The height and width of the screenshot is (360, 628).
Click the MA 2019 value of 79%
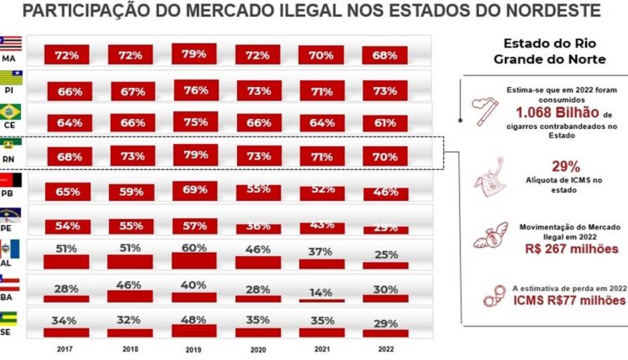click(x=194, y=55)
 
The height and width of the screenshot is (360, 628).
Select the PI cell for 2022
click(x=384, y=90)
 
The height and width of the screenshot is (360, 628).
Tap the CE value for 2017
click(x=69, y=123)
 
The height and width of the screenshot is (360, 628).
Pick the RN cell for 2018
click(x=131, y=157)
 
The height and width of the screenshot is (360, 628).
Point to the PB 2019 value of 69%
click(x=194, y=189)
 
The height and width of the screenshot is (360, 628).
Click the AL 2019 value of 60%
click(x=194, y=248)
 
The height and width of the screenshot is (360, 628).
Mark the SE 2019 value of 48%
click(x=194, y=319)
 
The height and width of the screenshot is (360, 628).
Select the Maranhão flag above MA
click(x=11, y=43)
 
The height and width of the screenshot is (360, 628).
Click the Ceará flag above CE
click(x=12, y=111)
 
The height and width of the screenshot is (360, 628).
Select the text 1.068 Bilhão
click(x=556, y=113)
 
